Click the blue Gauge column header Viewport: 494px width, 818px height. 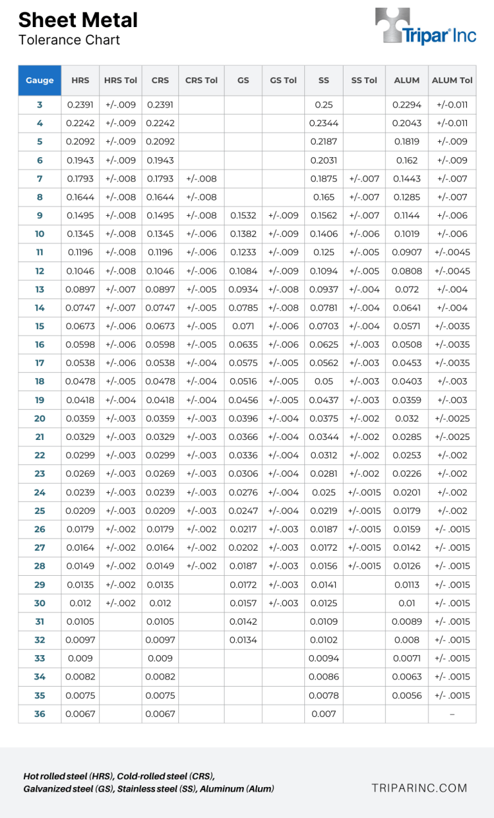[40, 81]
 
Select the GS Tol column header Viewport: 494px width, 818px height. [283, 81]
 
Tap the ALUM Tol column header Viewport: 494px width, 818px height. [452, 81]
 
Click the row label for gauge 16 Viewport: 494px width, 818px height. [40, 345]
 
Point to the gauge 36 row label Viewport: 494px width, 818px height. [40, 714]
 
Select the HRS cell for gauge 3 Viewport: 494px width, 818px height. [80, 104]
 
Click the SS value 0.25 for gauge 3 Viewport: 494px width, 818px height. [324, 104]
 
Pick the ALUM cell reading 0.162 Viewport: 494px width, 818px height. [407, 160]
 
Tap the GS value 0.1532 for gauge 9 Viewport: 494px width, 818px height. [243, 216]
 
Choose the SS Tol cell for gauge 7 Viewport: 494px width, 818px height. [365, 178]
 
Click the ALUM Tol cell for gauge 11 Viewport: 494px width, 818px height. [452, 252]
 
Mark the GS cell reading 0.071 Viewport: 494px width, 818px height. [243, 326]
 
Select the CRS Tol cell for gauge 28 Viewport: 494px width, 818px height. [201, 566]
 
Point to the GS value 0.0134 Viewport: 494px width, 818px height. [243, 640]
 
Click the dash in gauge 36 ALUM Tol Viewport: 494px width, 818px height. [452, 714]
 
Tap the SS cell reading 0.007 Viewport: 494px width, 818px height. [324, 714]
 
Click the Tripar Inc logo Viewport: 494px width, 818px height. [426, 27]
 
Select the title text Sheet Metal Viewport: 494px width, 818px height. [78, 20]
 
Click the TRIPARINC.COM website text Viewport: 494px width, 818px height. [419, 788]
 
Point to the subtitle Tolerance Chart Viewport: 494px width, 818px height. [69, 40]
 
